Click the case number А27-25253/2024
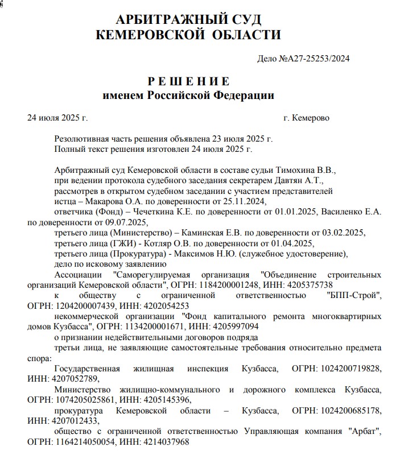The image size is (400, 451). pos(319,58)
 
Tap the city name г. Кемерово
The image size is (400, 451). pos(306,118)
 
